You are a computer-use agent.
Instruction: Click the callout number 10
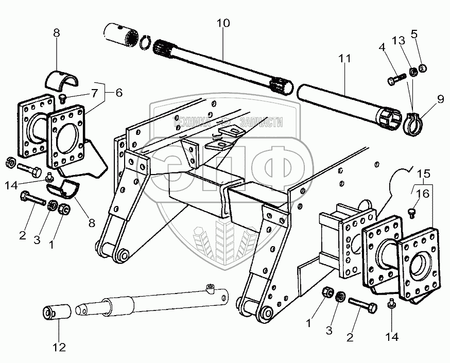pyautogui.click(x=223, y=24)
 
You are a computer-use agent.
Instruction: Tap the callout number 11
pyautogui.click(x=344, y=59)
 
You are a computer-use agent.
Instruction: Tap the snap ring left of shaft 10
pyautogui.click(x=146, y=43)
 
